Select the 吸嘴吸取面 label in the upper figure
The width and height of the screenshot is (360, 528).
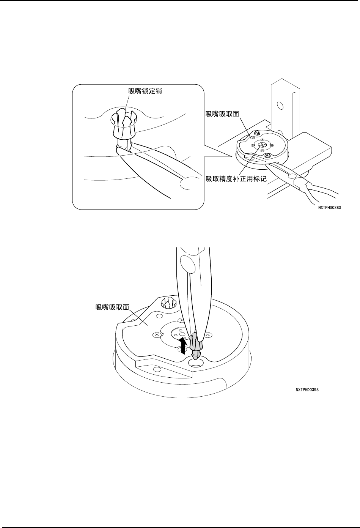click(223, 113)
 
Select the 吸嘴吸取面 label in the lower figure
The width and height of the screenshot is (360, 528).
click(112, 306)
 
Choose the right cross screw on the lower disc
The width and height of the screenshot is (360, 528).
click(208, 335)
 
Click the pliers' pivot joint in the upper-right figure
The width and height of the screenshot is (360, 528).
click(292, 176)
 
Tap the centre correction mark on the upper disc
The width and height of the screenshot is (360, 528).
click(261, 145)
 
